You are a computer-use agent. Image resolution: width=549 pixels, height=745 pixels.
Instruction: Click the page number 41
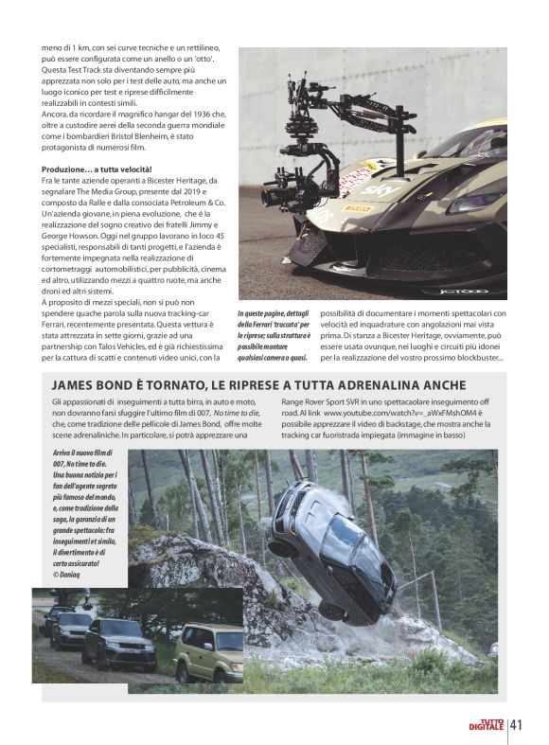click(517, 725)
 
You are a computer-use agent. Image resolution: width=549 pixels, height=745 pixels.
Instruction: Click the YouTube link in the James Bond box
click(397, 414)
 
